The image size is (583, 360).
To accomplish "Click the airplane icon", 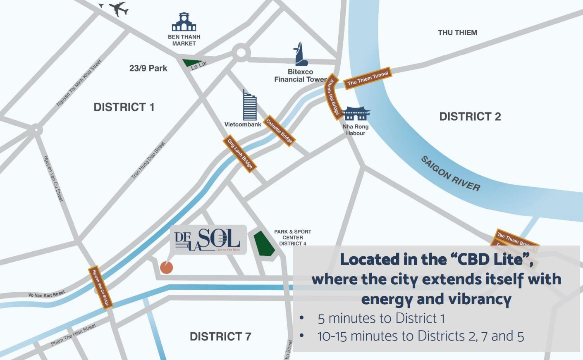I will tap(117, 8).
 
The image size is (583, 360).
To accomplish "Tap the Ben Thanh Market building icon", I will tap(184, 22).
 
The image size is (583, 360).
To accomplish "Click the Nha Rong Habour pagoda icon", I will tap(356, 113).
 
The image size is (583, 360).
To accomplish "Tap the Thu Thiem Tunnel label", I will tap(368, 78).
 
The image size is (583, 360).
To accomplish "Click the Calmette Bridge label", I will tap(279, 131).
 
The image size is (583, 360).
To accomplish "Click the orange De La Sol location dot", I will tap(166, 267).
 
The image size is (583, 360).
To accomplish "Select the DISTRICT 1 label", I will tap(124, 107).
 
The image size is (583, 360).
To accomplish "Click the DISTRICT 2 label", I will tap(470, 117).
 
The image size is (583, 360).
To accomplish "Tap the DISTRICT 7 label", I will tap(220, 336).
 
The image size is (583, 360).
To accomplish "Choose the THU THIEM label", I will tap(457, 33).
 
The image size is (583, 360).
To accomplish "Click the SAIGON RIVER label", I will tap(451, 174).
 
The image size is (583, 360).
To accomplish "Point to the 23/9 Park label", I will tap(148, 68).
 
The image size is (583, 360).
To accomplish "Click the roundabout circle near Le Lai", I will tap(241, 52).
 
